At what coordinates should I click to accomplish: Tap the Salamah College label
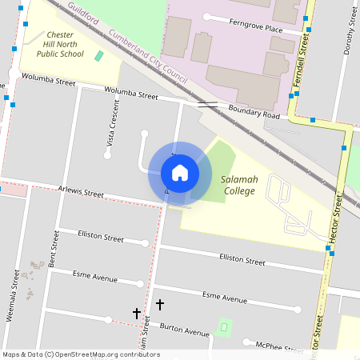point(239,186)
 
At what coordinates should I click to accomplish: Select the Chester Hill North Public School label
point(60,45)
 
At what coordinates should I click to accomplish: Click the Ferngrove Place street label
point(256,29)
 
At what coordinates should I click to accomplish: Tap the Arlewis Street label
point(81,193)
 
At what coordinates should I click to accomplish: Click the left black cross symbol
point(137,313)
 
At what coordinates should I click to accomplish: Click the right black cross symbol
point(160,304)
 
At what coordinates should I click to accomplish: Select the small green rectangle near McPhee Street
point(225,326)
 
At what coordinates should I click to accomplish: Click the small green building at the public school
point(98,56)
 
